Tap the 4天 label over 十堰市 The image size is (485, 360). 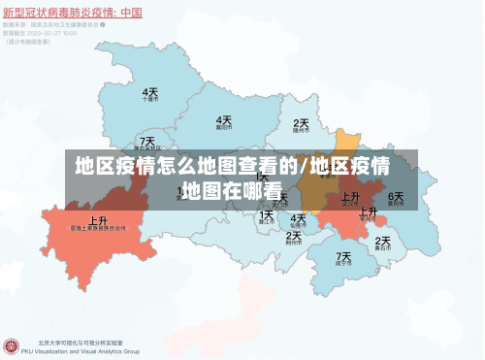[x=150, y=91]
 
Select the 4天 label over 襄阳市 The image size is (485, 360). [x=224, y=120]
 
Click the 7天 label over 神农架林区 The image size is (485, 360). [x=147, y=142]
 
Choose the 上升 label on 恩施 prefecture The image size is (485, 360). [x=98, y=220]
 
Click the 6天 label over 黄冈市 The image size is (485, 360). [x=396, y=197]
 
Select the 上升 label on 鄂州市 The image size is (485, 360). [x=368, y=212]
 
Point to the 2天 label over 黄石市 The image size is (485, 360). [x=382, y=241]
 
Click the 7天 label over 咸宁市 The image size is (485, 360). [x=343, y=257]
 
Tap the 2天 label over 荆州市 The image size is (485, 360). [x=293, y=235]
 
